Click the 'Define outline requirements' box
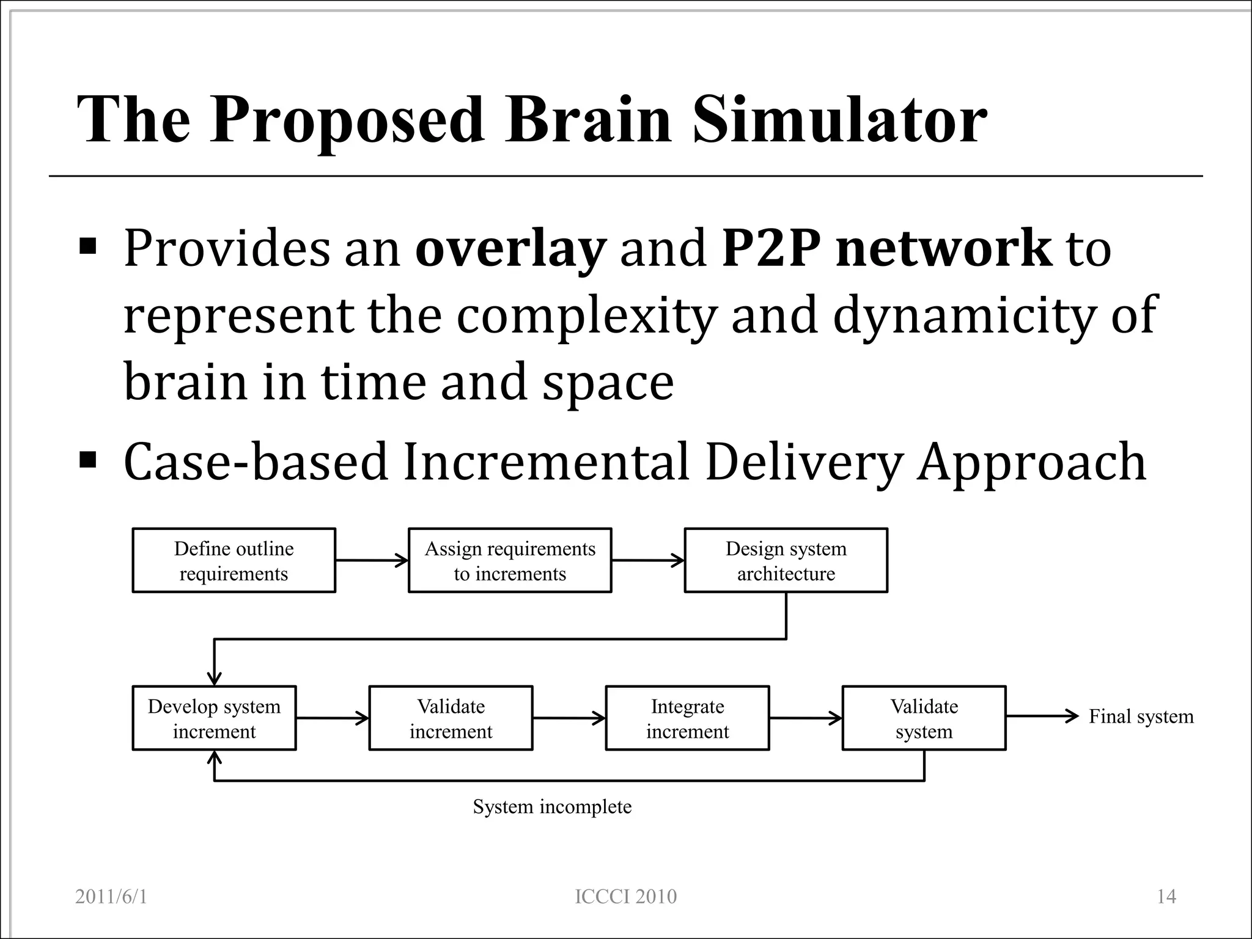(x=234, y=561)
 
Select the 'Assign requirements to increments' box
(x=510, y=561)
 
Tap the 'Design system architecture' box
(x=786, y=561)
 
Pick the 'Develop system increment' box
(x=214, y=718)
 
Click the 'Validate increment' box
(x=451, y=718)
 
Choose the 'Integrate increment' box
(x=687, y=718)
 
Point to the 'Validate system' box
(x=924, y=718)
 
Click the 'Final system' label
(x=1141, y=716)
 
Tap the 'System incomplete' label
(x=552, y=807)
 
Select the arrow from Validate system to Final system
(x=1042, y=716)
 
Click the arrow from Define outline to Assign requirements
(x=372, y=560)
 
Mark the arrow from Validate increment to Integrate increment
(x=569, y=718)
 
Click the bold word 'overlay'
(x=510, y=249)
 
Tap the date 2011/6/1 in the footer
(x=111, y=897)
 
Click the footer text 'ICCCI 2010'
(x=626, y=897)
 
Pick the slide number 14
(x=1166, y=897)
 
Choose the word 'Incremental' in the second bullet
(x=546, y=462)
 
